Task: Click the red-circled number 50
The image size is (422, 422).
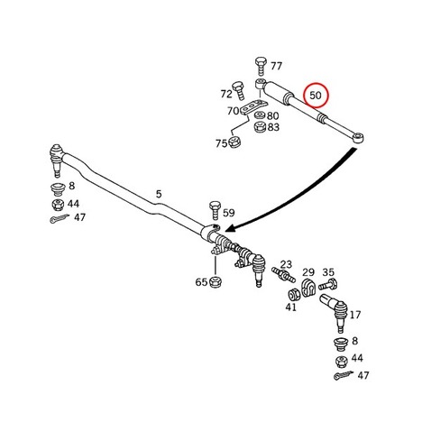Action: [x=316, y=96]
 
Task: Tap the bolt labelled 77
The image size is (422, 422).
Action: [x=261, y=67]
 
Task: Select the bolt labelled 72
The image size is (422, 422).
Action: [x=239, y=91]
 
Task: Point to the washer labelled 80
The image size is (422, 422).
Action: [x=260, y=115]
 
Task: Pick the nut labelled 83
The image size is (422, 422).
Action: [x=260, y=127]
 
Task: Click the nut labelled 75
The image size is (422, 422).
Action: [x=234, y=142]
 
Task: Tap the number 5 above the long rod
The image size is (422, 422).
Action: [x=159, y=194]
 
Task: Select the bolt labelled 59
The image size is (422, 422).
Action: [x=215, y=211]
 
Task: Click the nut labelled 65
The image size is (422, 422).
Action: [x=215, y=282]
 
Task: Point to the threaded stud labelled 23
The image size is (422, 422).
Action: [x=281, y=274]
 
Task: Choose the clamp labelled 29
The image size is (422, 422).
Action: [x=308, y=288]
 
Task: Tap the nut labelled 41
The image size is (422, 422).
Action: [x=294, y=294]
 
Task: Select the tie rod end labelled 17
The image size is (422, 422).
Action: [x=335, y=312]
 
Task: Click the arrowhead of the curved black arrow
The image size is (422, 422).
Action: [x=230, y=230]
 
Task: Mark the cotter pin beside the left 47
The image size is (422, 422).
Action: [x=60, y=218]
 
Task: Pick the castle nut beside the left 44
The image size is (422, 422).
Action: [x=58, y=205]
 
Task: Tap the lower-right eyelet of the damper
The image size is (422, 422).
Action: [x=358, y=138]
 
